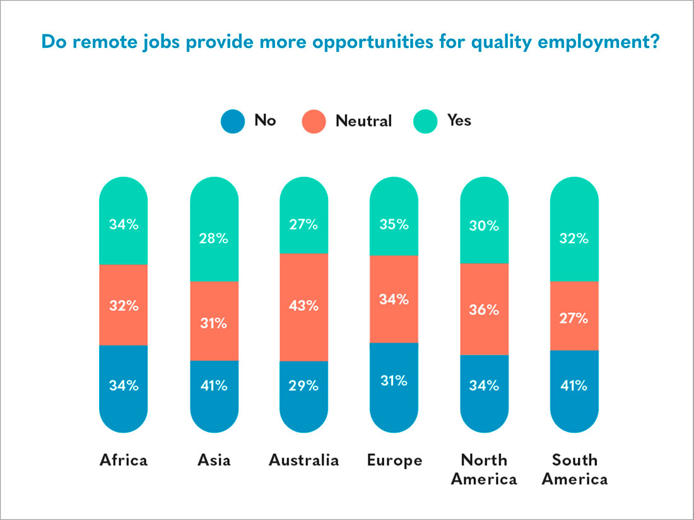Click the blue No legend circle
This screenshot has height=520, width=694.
pos(232,121)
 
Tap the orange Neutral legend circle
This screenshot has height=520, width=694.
pos(314,121)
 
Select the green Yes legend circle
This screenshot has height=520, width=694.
pos(425,121)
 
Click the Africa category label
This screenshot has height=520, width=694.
pos(124,460)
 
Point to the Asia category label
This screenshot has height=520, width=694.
pos(213,460)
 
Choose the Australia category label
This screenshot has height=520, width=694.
pos(303,460)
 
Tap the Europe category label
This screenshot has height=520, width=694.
pos(394,460)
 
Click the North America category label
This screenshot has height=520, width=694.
pos(485,469)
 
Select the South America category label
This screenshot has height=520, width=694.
pos(574,469)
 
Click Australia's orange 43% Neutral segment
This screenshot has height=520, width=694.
pos(303,307)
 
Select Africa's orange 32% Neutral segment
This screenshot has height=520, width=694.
pos(124,305)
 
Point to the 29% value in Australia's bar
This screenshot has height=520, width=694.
pos(303,385)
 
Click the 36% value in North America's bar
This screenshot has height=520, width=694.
pos(485,310)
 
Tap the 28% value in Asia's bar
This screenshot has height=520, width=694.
pos(214,239)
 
